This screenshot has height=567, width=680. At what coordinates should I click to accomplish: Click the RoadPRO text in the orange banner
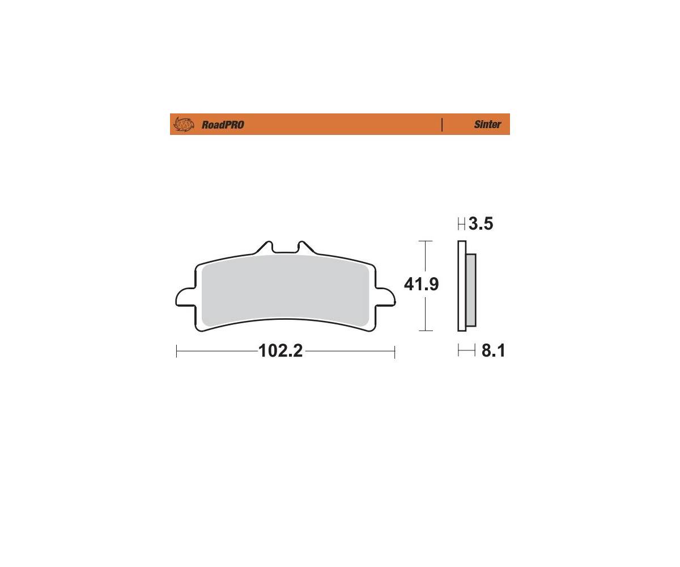point(223,125)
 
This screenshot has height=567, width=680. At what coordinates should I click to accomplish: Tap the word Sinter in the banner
point(487,124)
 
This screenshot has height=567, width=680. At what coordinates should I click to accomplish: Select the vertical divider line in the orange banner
point(442,125)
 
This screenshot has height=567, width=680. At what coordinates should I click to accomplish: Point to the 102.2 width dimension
point(280,351)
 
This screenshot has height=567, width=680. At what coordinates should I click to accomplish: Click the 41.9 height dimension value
point(422,284)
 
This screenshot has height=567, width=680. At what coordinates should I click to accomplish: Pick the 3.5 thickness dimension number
point(481,224)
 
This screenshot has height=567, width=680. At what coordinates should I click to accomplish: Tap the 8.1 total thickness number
point(493,350)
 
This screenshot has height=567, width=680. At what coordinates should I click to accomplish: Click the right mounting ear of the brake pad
point(385,297)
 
